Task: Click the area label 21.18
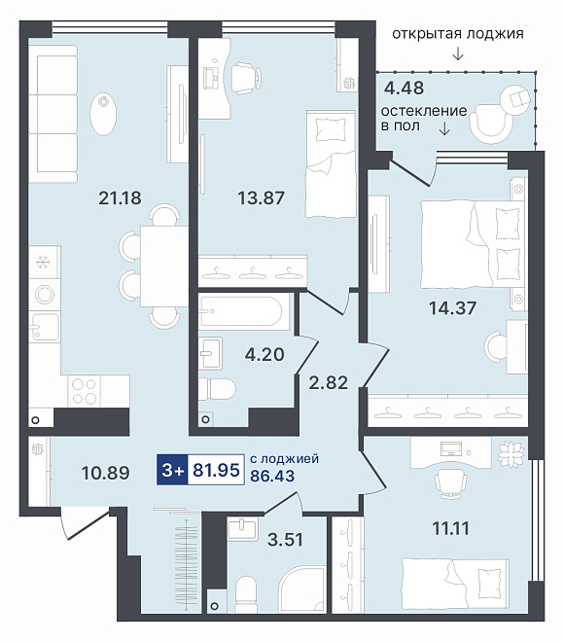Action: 120,198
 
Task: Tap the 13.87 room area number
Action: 262,198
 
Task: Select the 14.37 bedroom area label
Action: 453,308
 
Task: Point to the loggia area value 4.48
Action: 405,88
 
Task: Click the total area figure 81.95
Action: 216,470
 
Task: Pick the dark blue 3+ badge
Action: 172,470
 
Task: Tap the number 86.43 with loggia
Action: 272,476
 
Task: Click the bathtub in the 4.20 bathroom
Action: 240,312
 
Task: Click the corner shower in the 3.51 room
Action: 302,590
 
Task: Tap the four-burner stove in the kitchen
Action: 84,391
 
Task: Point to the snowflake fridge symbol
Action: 43,262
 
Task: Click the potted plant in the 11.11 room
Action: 511,452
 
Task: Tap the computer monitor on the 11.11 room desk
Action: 451,448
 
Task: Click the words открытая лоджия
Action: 458,34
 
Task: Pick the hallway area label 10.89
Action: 106,473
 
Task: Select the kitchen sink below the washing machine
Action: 45,327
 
